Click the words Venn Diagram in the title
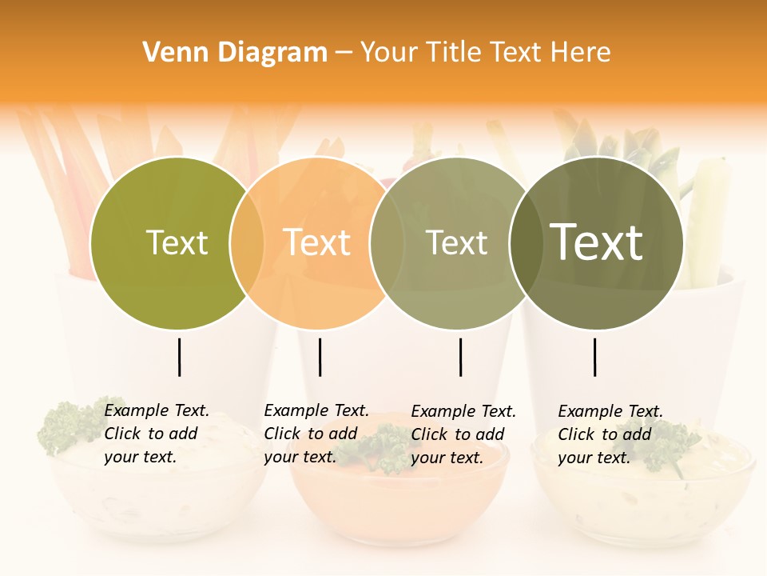click(235, 53)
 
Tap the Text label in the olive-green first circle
click(177, 243)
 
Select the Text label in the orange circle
click(316, 243)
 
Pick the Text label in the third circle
click(456, 243)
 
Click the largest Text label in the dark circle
click(597, 242)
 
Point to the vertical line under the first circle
click(179, 357)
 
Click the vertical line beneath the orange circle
click(320, 357)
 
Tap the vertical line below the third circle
click(460, 357)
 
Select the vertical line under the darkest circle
click(595, 357)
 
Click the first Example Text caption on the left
click(156, 434)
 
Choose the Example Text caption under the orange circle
click(316, 434)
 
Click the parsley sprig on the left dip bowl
click(68, 425)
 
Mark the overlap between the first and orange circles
click(247, 243)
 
